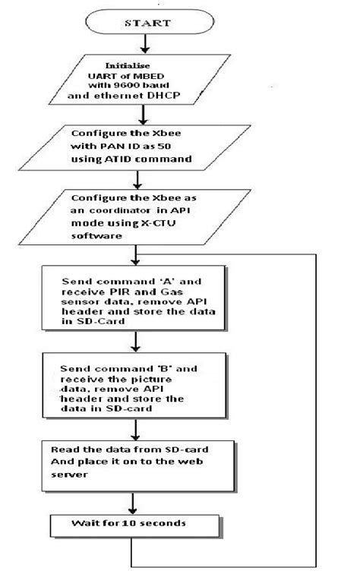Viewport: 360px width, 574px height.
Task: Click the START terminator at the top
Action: [x=136, y=22]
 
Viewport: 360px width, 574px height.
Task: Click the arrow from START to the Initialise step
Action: [x=136, y=45]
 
